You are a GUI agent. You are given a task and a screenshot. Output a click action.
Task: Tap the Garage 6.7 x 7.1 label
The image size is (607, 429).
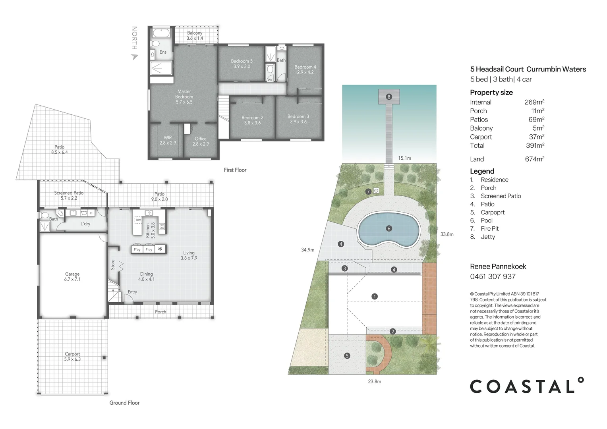tap(72, 277)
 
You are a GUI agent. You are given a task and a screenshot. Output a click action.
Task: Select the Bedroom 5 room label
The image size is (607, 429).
tap(242, 64)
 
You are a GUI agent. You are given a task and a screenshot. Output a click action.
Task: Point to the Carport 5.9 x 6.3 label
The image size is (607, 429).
tap(72, 357)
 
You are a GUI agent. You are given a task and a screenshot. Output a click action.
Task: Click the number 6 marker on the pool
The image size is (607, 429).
tap(389, 228)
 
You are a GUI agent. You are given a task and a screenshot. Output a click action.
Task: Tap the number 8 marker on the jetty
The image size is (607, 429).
tap(389, 97)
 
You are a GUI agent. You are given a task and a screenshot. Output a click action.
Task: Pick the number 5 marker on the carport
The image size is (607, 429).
tap(347, 356)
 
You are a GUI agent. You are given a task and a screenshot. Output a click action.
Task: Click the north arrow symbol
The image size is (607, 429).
tap(135, 57)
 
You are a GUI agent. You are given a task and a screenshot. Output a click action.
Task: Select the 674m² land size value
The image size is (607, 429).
tap(535, 159)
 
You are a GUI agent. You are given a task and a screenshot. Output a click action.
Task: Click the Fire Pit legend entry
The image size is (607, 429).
tap(485, 229)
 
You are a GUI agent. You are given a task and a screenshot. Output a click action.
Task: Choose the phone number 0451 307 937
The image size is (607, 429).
tap(493, 276)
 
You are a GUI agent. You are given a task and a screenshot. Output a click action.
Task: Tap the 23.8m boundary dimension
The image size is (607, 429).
tap(375, 382)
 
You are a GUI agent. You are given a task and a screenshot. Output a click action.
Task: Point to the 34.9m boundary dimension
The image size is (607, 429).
tap(308, 250)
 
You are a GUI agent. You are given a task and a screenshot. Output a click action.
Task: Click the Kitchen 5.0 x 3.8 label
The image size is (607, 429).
tap(151, 230)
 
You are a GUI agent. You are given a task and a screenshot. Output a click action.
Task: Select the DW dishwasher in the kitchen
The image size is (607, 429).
tap(138, 220)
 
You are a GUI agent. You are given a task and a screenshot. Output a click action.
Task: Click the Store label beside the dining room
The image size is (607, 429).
tap(113, 265)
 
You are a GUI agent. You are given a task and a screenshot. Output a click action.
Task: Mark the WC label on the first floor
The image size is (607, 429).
tap(270, 80)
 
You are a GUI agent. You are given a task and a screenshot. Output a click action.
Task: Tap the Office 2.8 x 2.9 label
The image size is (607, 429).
tap(201, 141)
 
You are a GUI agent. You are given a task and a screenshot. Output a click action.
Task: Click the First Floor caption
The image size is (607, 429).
tap(235, 170)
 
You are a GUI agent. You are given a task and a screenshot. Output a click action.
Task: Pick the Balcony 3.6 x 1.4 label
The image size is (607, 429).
tap(195, 35)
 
